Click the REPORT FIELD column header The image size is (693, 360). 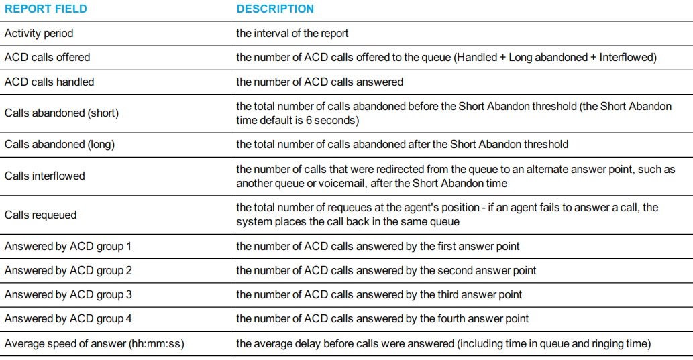(x=46, y=9)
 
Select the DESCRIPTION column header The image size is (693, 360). (x=275, y=9)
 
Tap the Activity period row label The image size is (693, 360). (x=39, y=33)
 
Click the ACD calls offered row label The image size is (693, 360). (x=47, y=58)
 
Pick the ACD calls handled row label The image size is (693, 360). (x=49, y=82)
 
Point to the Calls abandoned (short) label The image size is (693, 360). (x=62, y=113)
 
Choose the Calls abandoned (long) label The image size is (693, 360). (x=60, y=144)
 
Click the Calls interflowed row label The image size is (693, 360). (x=45, y=176)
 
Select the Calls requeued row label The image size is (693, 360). (x=41, y=215)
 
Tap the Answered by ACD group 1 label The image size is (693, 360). (x=68, y=247)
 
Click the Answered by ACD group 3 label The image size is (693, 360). (x=68, y=294)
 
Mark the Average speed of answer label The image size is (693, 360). (x=94, y=344)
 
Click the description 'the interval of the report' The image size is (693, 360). (x=292, y=33)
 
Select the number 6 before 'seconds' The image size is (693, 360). (x=309, y=120)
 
